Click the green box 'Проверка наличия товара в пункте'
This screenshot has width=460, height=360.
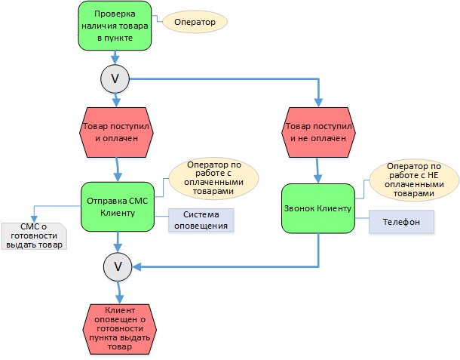click(x=115, y=26)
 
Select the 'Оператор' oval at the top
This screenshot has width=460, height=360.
click(x=195, y=23)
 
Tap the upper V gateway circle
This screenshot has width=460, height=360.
click(x=115, y=78)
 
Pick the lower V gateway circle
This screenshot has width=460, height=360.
click(x=117, y=266)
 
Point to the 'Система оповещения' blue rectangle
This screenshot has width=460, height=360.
click(x=201, y=220)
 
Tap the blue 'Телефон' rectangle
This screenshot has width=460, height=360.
click(x=401, y=222)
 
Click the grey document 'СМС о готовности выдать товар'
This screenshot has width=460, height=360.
click(x=33, y=236)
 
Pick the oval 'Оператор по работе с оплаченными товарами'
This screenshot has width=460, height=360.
click(x=214, y=178)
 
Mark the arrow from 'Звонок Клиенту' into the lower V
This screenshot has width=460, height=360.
click(x=226, y=266)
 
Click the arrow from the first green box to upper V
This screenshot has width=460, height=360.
click(x=115, y=57)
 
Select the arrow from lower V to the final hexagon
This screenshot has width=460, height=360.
click(x=118, y=291)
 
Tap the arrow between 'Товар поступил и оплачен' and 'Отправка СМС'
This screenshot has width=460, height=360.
click(x=117, y=168)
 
